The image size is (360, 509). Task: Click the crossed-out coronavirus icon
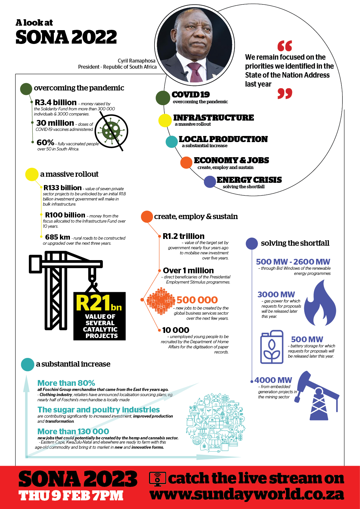(x=111, y=131)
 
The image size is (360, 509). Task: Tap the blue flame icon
(x=320, y=302)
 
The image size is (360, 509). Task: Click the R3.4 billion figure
(x=56, y=102)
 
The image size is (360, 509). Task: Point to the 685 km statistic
(x=57, y=237)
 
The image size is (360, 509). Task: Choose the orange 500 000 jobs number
(x=197, y=300)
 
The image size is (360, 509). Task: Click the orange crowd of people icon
(x=161, y=301)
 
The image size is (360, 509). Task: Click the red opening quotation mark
(x=285, y=46)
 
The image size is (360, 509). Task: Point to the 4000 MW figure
(x=273, y=380)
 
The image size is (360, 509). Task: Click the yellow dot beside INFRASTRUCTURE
(x=165, y=120)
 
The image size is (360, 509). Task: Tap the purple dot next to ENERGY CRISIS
(x=210, y=182)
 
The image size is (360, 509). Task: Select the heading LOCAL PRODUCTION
(x=223, y=139)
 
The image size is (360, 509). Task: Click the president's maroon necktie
(x=195, y=72)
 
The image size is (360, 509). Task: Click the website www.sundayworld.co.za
(x=247, y=495)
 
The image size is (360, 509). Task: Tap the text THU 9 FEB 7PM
(x=71, y=495)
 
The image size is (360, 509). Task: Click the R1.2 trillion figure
(x=183, y=236)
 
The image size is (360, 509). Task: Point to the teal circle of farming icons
(x=215, y=422)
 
